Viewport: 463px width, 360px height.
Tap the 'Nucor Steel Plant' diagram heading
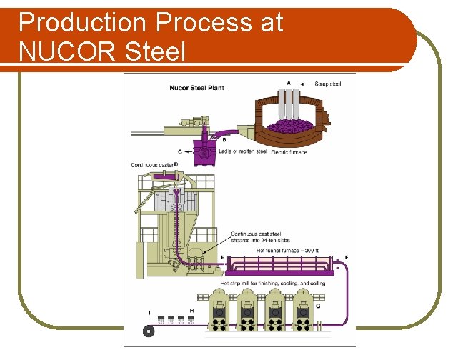[196, 89]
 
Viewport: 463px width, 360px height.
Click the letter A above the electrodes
[289, 83]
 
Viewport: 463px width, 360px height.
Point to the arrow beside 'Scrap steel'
[307, 84]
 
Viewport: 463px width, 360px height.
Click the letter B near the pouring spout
[224, 140]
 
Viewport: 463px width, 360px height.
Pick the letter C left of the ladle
[179, 151]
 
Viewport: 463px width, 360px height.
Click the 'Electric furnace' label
[290, 151]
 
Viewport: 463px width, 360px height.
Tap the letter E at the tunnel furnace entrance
[223, 256]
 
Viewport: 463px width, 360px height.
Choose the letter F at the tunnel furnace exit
[346, 256]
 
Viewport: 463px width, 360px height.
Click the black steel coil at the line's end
[148, 331]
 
